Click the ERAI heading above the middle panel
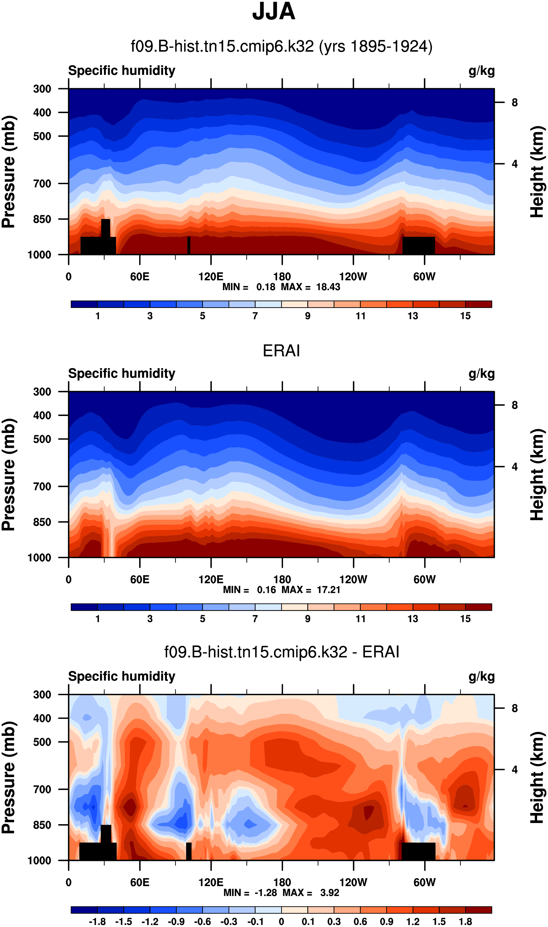click(x=281, y=351)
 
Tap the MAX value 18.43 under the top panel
click(x=328, y=287)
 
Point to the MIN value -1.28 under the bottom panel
click(x=266, y=893)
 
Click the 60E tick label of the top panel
click(x=139, y=277)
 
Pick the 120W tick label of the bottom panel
click(x=353, y=882)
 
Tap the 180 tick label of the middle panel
click(x=282, y=579)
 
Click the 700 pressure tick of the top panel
click(x=42, y=184)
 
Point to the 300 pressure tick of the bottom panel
click(x=42, y=695)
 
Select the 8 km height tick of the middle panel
click(x=514, y=405)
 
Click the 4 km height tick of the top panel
click(x=514, y=164)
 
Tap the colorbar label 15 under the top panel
click(x=465, y=316)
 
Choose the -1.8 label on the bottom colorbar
click(x=97, y=921)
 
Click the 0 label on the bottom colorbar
click(x=281, y=921)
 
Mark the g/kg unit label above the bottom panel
click(x=482, y=676)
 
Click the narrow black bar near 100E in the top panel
click(x=189, y=245)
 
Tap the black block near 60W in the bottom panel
click(x=418, y=851)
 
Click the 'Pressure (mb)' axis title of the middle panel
click(x=8, y=475)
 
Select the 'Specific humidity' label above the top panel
click(x=121, y=70)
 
